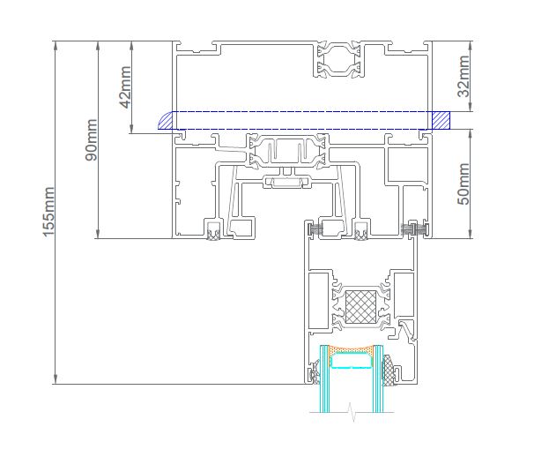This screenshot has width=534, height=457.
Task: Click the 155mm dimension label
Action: [48, 212]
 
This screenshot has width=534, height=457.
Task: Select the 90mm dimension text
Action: [91, 139]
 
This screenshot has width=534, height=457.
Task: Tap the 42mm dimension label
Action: [125, 87]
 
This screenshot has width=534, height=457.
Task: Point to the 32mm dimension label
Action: [464, 77]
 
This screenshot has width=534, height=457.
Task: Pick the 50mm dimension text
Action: [464, 184]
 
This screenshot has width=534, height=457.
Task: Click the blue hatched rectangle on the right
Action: [441, 120]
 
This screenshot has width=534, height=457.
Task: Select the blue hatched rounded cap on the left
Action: [166, 120]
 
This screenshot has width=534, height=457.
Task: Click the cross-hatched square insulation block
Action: [361, 307]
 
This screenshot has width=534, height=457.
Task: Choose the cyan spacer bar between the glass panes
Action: [352, 361]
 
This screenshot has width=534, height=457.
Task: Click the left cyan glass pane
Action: [324, 378]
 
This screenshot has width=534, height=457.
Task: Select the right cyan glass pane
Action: [378, 378]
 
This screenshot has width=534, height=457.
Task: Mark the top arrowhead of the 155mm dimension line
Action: [56, 46]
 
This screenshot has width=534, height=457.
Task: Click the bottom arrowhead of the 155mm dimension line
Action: [56, 378]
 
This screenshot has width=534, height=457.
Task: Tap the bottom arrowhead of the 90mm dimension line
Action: [98, 233]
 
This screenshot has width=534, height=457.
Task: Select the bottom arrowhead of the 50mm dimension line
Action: [471, 233]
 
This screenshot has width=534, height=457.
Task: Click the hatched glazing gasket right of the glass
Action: [388, 371]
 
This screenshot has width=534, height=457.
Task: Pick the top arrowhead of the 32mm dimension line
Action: [471, 46]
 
